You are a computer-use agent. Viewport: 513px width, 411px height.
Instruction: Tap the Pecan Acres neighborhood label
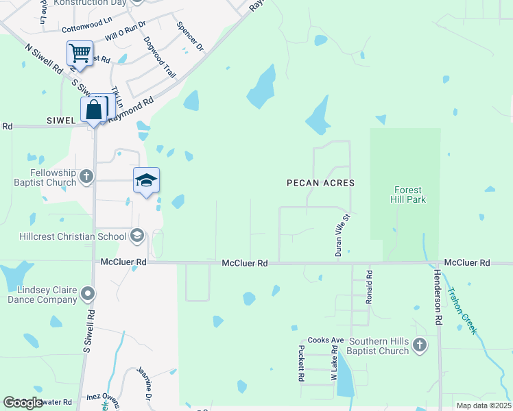pyautogui.click(x=320, y=183)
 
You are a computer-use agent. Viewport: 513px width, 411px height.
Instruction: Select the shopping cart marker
pyautogui.click(x=80, y=53)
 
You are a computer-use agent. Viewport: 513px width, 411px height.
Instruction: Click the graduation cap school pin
pyautogui.click(x=146, y=180)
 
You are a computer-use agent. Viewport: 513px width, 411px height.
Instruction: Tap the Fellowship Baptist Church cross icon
pyautogui.click(x=86, y=177)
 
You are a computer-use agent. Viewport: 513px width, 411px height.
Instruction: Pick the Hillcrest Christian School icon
pyautogui.click(x=136, y=236)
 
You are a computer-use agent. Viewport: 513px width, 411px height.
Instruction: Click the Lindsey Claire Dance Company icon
pyautogui.click(x=87, y=295)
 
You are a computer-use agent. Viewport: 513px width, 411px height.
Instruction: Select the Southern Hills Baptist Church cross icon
pyautogui.click(x=420, y=345)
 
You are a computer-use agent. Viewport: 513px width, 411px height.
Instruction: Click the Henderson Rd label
pyautogui.click(x=438, y=296)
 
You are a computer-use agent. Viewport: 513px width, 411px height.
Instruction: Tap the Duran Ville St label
pyautogui.click(x=342, y=235)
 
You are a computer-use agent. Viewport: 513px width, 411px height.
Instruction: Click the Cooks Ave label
pyautogui.click(x=325, y=340)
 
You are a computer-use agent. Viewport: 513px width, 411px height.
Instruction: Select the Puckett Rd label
pyautogui.click(x=301, y=363)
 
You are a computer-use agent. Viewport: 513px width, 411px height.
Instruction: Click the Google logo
pyautogui.click(x=23, y=403)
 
